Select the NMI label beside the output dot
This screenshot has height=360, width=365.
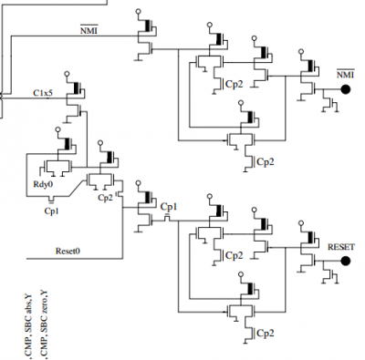click(345, 73)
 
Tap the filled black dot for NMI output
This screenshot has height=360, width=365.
click(346, 88)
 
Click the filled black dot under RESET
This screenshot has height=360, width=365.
click(346, 261)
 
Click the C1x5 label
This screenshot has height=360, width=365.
click(45, 93)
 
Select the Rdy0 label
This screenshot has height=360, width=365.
click(42, 182)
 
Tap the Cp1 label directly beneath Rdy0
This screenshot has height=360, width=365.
click(52, 209)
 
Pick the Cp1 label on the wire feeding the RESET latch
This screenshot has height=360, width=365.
click(169, 207)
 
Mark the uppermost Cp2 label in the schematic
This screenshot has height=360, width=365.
click(235, 83)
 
